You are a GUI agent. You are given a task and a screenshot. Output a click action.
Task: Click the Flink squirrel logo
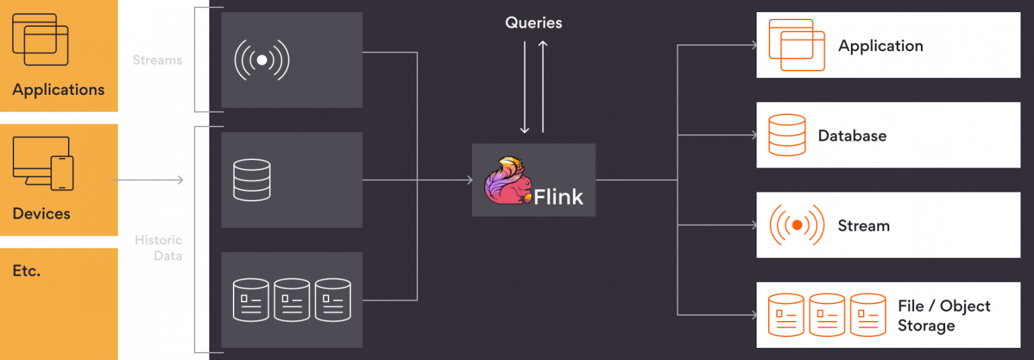[508, 180]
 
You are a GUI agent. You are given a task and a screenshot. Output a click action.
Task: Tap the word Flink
[558, 197]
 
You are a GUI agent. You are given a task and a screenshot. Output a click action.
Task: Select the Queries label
[534, 23]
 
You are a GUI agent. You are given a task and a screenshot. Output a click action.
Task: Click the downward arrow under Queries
[524, 87]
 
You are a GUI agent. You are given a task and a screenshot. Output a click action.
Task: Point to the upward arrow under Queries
[543, 87]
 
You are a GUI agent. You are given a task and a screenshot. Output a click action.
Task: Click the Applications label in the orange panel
[59, 89]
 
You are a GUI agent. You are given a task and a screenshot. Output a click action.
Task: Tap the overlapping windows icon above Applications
[40, 40]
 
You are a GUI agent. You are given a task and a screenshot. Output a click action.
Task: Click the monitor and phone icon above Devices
[43, 164]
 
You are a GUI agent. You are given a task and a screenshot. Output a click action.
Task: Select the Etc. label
[27, 271]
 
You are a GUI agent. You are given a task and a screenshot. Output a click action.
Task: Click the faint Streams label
[158, 60]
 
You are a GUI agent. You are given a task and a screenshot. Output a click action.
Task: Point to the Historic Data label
[158, 248]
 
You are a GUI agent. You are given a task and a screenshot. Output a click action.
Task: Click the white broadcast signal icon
[262, 60]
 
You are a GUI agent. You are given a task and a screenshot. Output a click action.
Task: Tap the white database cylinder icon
[252, 180]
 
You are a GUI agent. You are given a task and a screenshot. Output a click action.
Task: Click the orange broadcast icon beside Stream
[797, 225]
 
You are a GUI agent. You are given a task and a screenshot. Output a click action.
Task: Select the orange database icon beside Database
[788, 135]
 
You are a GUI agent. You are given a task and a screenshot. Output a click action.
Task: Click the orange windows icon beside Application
[797, 45]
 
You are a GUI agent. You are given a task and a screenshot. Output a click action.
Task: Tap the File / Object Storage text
[944, 316]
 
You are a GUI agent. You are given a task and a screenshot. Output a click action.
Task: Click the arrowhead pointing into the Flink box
[470, 180]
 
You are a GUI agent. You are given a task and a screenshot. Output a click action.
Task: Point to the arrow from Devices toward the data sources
[147, 180]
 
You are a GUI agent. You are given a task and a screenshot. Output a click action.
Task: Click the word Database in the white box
[852, 136]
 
